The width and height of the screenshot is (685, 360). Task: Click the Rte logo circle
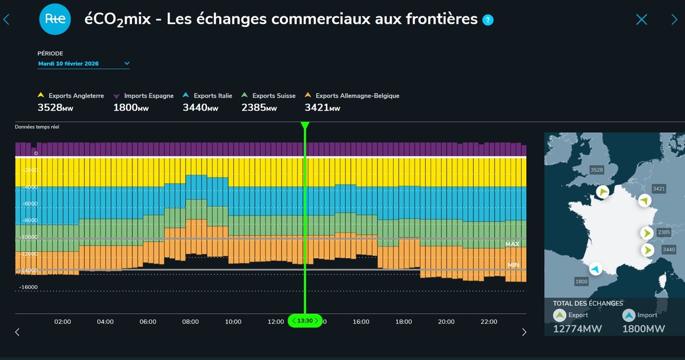[x=55, y=19]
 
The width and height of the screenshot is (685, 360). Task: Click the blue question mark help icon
[x=487, y=21]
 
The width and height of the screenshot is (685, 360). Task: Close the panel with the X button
[x=642, y=20]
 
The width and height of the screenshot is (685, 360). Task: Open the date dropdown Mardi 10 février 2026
[x=84, y=64]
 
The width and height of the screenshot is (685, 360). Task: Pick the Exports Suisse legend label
[x=273, y=96]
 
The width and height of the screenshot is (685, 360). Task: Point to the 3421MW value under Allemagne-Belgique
[x=322, y=107]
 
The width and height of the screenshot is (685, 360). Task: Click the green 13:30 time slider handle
[x=305, y=321]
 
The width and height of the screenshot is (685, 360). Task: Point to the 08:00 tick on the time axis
[x=191, y=322]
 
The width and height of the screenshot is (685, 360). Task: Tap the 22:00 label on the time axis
[x=489, y=322]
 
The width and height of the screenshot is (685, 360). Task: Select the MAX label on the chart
[x=512, y=244]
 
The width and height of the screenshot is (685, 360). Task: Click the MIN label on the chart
[x=513, y=265]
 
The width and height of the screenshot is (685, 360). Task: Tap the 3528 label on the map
[x=597, y=170]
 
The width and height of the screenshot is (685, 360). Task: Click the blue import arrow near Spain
[x=595, y=269]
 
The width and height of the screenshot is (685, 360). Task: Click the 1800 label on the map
[x=581, y=282]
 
